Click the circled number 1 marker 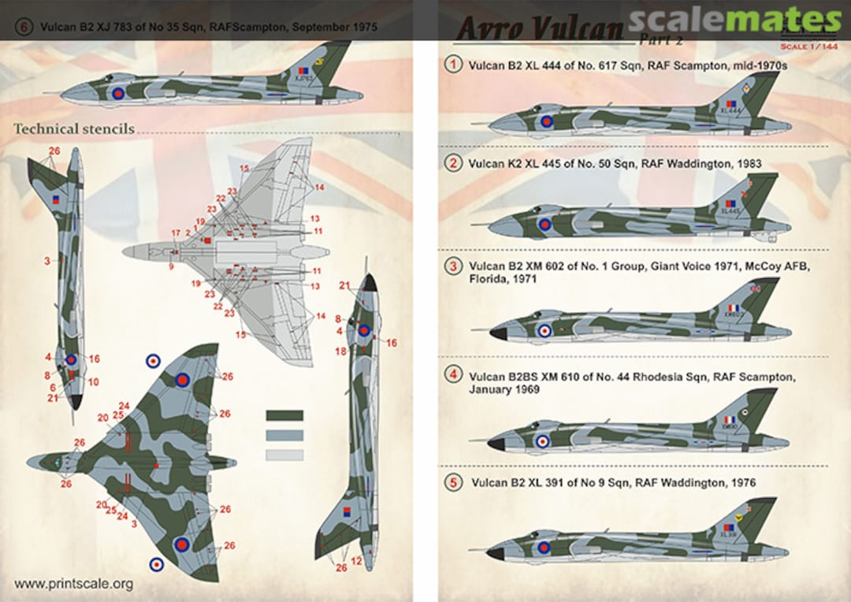[x=453, y=66]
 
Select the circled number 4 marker [x=453, y=375]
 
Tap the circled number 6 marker [x=24, y=27]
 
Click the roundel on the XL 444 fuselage [x=546, y=121]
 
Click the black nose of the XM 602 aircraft [x=497, y=334]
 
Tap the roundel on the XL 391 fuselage [x=544, y=547]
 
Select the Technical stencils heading [x=73, y=128]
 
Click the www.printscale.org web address [x=73, y=584]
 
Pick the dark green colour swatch [x=284, y=415]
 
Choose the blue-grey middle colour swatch [x=284, y=435]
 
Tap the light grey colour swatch [x=284, y=455]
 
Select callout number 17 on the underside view [x=175, y=233]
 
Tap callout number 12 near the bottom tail [x=357, y=560]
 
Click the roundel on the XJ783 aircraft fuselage [x=118, y=93]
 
